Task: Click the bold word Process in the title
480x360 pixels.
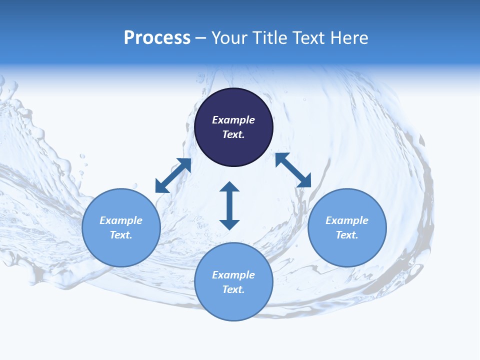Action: coord(157,38)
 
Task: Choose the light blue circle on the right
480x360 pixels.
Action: coord(347,247)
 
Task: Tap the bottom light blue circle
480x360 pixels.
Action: coord(233,305)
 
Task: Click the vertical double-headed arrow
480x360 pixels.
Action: coord(229,205)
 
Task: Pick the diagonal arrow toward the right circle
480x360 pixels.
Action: coord(293,170)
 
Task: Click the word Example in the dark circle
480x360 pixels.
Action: coord(233,120)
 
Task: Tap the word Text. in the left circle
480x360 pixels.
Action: coord(121,235)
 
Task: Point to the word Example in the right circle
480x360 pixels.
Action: coord(347,220)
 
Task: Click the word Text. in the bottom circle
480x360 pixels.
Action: coord(233,289)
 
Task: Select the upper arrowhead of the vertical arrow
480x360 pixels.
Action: coord(229,186)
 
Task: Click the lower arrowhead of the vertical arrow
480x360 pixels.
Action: coord(229,224)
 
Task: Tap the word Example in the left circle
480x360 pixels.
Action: coord(121,220)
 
